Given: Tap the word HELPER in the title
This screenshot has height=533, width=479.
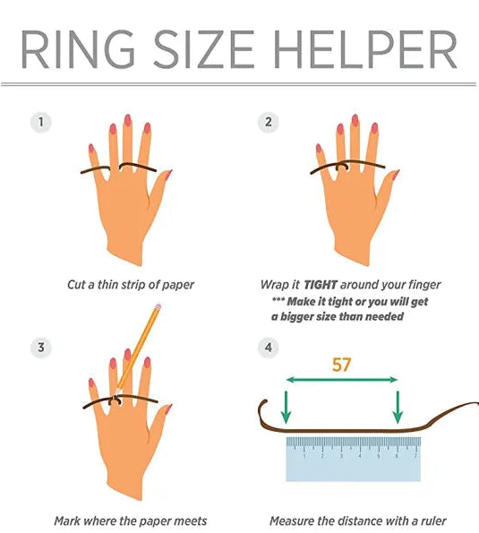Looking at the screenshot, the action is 365,49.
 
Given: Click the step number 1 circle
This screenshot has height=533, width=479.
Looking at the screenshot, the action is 41,122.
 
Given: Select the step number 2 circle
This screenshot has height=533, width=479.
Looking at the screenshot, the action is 269,122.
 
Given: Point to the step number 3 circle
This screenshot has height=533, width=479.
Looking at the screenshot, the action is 41,348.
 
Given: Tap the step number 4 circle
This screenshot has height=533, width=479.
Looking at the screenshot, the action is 269,348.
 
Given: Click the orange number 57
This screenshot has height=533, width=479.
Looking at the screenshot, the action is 341,365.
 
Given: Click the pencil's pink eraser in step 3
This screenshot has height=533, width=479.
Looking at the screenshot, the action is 158,306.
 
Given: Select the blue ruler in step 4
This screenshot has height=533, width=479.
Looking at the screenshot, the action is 354,459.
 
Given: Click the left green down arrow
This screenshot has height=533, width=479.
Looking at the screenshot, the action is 286,407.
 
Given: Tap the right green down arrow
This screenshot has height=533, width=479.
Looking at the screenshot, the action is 398,407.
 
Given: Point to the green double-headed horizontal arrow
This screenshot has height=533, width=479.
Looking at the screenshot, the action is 342,380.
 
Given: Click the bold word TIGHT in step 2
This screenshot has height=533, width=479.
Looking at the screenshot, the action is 321,285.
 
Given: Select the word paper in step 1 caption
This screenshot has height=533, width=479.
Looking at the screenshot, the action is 177,285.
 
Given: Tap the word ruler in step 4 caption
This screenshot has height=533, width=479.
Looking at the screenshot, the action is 433,520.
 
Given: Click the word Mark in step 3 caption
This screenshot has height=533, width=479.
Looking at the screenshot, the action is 67,520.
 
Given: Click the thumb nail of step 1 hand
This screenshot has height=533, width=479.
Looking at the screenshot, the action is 169,175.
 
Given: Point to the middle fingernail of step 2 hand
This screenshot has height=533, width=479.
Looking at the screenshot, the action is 355,120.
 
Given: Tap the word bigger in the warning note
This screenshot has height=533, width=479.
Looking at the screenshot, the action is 296,317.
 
